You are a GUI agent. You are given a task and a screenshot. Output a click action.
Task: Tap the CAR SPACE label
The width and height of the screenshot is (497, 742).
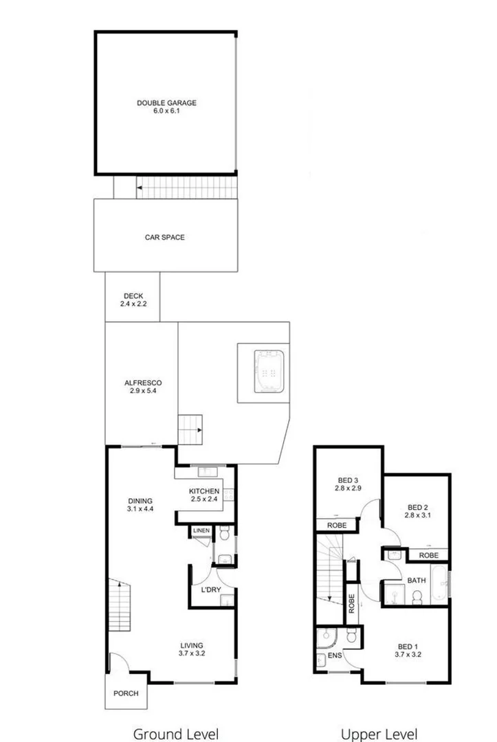tap(164, 238)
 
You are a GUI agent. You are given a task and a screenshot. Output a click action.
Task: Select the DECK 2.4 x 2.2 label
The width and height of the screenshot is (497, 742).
tap(133, 300)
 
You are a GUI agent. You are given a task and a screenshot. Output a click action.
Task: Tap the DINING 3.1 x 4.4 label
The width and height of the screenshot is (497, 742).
tap(140, 505)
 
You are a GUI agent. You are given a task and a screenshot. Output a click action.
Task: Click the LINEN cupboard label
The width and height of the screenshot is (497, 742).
tap(201, 530)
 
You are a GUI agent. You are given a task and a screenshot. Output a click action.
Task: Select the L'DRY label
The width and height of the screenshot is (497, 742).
tap(210, 589)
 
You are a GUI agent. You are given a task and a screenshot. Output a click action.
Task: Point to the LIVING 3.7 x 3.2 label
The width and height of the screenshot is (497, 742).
tap(192, 649)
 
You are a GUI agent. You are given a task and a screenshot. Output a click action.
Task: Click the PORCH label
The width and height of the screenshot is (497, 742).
tap(126, 693)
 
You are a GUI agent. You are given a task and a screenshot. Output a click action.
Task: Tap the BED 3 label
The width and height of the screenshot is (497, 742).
tap(349, 484)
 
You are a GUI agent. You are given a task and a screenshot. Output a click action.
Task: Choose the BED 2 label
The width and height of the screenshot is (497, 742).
tap(417, 510)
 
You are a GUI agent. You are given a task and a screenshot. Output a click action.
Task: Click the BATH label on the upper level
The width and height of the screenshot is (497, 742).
tap(417, 581)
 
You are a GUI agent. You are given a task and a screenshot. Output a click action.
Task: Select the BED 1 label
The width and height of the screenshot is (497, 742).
tap(408, 650)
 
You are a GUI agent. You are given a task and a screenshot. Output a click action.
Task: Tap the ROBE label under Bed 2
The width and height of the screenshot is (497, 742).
tap(429, 554)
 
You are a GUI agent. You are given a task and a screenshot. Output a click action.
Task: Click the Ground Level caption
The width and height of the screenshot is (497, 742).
tap(175, 733)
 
